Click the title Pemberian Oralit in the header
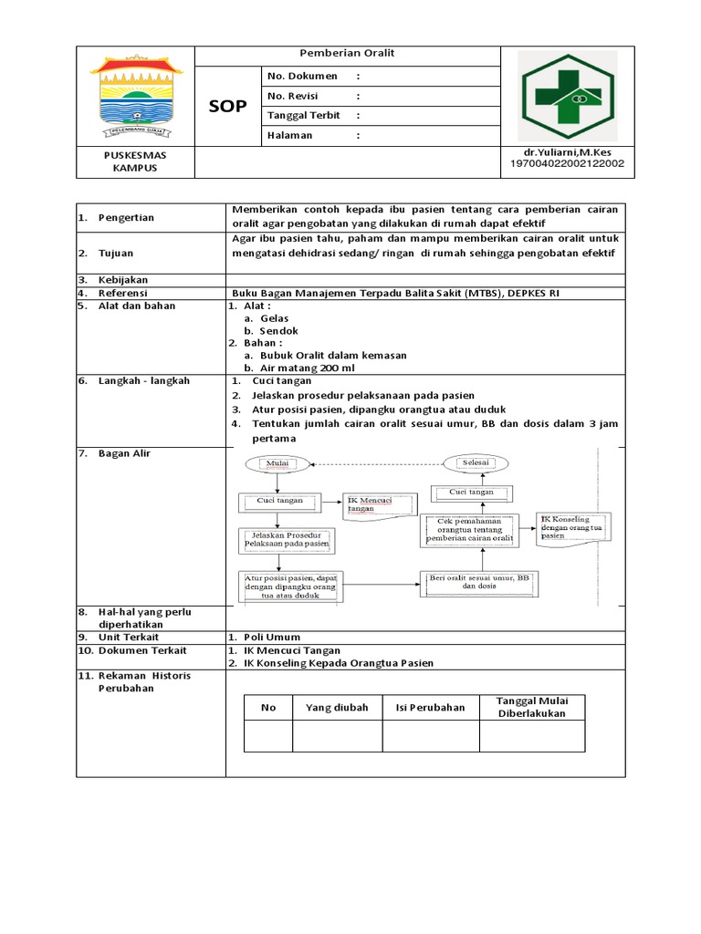(348, 54)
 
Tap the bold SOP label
(227, 107)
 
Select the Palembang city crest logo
(135, 94)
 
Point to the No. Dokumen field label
(301, 76)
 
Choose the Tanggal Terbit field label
(306, 116)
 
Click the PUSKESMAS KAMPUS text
(134, 161)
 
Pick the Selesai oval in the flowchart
(476, 462)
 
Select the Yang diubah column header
(337, 707)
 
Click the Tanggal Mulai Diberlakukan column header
(531, 707)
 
